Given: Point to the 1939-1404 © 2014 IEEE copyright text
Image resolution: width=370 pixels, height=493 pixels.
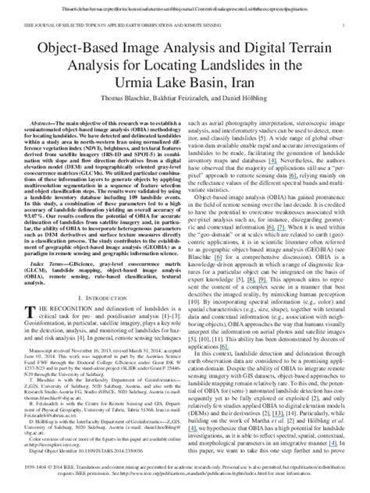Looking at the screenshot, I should tap(47, 466).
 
